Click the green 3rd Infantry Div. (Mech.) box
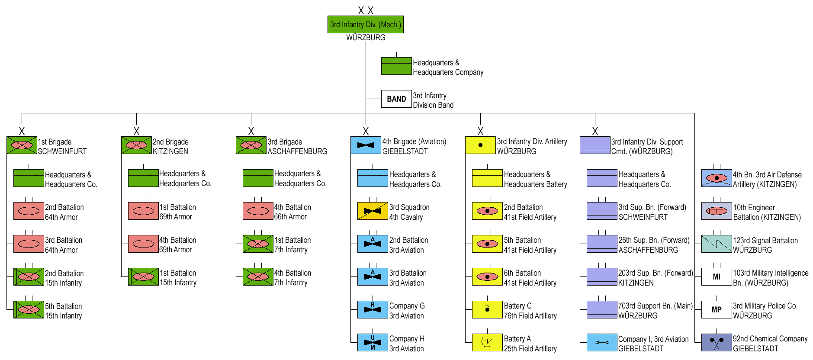point(366,25)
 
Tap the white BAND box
point(396,99)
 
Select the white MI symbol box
point(717,277)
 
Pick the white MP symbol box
point(717,310)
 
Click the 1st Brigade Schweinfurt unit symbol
point(22,145)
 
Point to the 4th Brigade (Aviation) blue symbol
point(366,145)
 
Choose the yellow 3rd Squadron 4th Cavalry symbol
point(373,211)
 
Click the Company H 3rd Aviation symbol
point(373,343)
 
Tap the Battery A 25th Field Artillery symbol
point(487,343)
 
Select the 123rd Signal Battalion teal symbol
point(717,244)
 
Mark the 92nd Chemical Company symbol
point(717,343)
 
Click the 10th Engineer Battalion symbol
point(717,211)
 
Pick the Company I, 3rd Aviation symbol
point(602,343)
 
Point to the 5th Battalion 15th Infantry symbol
point(29,310)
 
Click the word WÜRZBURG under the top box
point(366,38)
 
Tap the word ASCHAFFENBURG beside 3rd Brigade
point(297,151)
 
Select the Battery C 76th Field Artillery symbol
point(487,310)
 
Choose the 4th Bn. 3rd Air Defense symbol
point(717,178)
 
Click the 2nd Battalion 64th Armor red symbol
point(29,211)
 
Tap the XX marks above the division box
point(366,11)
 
